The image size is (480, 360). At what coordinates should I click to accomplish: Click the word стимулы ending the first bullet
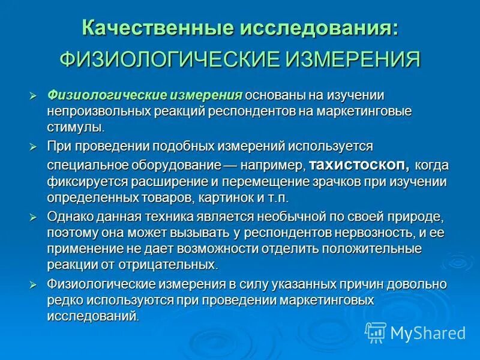coord(76,127)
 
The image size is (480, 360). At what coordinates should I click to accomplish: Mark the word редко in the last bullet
coord(63,299)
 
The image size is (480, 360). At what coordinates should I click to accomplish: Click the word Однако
coord(69,216)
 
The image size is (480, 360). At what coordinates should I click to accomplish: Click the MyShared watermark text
coord(428,332)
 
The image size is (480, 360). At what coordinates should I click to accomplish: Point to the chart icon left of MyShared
coord(376,332)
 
